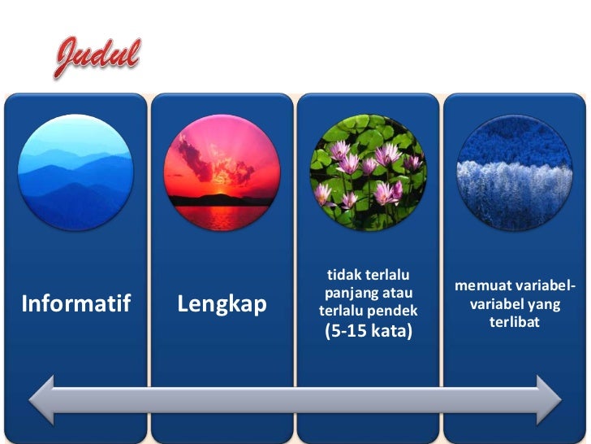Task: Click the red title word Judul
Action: pyautogui.click(x=97, y=57)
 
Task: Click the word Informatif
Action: pyautogui.click(x=75, y=304)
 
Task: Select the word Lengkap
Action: pyautogui.click(x=222, y=304)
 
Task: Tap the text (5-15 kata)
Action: pyautogui.click(x=368, y=331)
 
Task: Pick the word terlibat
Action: pyautogui.click(x=514, y=322)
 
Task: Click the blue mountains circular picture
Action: pyautogui.click(x=75, y=172)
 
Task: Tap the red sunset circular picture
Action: pyautogui.click(x=222, y=172)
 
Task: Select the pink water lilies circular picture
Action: pyautogui.click(x=368, y=172)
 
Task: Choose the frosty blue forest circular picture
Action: pyautogui.click(x=514, y=172)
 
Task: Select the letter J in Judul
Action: pyautogui.click(x=68, y=57)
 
